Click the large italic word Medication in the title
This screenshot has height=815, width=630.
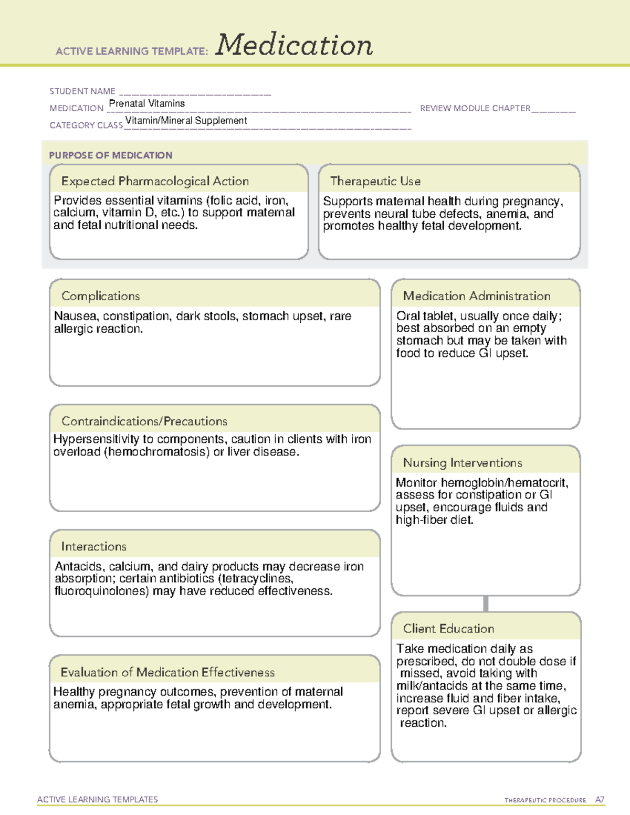(294, 45)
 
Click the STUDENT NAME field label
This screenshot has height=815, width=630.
(82, 91)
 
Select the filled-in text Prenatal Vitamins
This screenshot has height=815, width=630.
(146, 103)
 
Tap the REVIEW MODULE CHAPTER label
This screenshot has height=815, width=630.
(475, 108)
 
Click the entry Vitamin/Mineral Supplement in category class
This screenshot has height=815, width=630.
(186, 120)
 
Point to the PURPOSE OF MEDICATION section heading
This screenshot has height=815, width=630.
(110, 155)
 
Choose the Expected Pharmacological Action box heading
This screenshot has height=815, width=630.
(155, 181)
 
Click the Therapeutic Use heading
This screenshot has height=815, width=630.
(375, 181)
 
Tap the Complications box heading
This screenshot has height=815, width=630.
(100, 296)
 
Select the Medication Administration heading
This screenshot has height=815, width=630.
(476, 296)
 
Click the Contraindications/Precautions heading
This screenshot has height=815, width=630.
(144, 421)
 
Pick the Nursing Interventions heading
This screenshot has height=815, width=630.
(462, 463)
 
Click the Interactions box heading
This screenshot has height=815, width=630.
(93, 546)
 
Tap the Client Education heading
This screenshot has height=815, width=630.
(448, 629)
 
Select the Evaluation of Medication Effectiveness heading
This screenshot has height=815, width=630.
(167, 672)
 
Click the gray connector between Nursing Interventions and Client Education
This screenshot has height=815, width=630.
(486, 604)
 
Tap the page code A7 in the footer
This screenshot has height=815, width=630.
(600, 800)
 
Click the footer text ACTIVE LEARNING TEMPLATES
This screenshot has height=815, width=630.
(97, 799)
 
